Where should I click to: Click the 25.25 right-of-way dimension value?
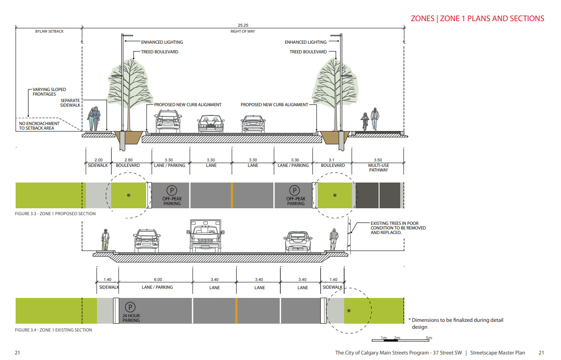[244, 25]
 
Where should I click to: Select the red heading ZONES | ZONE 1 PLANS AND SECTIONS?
[477, 18]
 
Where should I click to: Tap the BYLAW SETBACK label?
[49, 31]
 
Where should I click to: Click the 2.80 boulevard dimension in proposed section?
[128, 160]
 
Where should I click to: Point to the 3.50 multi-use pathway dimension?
[378, 160]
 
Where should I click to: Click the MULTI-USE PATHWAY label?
[378, 167]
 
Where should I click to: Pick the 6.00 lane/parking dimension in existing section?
[158, 280]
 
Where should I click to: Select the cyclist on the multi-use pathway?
[365, 121]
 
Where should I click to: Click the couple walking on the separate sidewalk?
[94, 119]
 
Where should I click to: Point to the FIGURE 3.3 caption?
[55, 214]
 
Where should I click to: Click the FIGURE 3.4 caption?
[53, 330]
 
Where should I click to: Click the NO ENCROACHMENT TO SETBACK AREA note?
[40, 126]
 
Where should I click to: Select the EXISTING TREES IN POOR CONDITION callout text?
[398, 228]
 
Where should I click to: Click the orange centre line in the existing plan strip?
[236, 311]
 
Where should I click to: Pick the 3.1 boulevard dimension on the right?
[333, 160]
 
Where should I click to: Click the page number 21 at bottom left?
[17, 353]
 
